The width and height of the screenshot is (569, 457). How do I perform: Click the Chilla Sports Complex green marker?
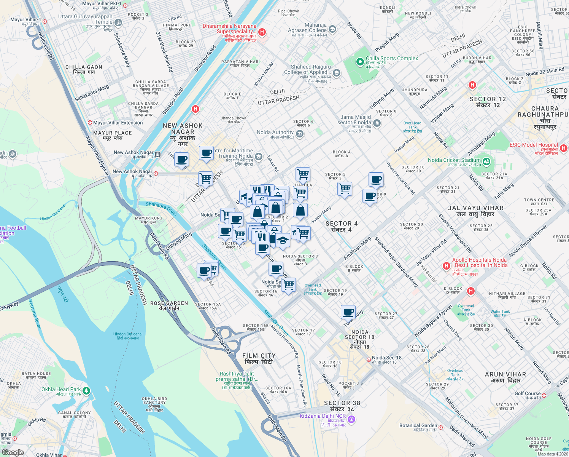360,62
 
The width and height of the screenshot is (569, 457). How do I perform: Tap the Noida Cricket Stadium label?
454,160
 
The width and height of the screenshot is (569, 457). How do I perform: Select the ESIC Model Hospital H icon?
564,148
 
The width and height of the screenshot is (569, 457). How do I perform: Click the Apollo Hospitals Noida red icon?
447,266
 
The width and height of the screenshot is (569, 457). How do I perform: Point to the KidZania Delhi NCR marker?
351,419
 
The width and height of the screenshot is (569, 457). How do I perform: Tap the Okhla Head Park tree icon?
86,391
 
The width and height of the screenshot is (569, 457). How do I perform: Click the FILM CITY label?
259,358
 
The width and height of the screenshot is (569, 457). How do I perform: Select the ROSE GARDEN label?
169,305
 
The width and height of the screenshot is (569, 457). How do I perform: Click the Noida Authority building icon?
299,134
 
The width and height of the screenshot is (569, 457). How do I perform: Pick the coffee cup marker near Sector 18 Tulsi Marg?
348,312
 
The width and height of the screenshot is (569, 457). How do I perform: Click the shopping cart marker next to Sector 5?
345,189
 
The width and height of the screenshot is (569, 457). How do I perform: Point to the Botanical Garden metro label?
418,425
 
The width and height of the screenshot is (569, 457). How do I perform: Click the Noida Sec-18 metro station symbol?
368,360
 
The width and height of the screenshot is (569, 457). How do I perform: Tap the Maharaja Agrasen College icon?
332,29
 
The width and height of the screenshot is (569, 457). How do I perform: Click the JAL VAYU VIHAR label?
475,211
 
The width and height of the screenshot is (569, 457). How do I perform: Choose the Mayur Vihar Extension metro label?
118,123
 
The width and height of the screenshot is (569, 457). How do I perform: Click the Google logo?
13,452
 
